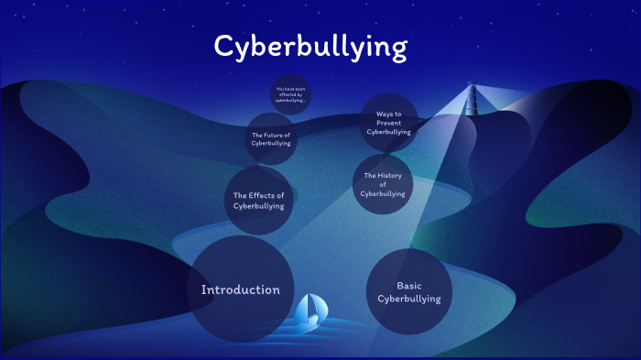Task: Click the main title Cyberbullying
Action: pos(310,47)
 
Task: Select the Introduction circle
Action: pos(241,289)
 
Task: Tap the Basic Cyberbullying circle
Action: pos(408,291)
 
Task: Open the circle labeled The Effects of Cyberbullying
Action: pos(258,201)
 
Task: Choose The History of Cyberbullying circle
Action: pos(383,184)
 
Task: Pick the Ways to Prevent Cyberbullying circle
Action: pos(389,123)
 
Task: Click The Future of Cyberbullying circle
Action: pos(271,138)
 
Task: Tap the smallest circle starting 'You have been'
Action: pos(290,94)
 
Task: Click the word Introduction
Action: pos(241,290)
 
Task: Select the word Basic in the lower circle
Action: pos(409,286)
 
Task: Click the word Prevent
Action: pos(389,123)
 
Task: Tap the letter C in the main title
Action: pos(225,46)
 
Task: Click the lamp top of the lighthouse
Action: pos(473,88)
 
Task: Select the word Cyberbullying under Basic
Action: pos(409,299)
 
